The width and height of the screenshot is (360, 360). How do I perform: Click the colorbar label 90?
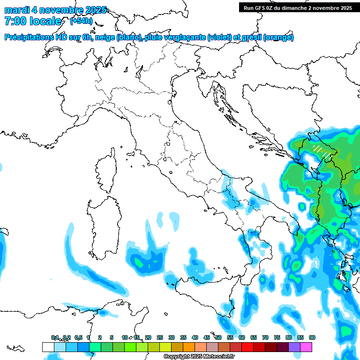coord(312,337)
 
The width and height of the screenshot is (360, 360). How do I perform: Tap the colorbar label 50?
coord(218,337)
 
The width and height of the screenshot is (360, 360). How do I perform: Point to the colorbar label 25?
coord(160,337)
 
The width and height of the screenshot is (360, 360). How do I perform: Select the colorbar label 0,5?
coord(78,337)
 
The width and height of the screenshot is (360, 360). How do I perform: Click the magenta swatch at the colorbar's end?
coord(306,347)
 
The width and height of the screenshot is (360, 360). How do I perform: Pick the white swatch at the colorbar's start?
coord(48,347)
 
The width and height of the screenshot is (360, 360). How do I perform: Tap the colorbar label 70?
coord(265,337)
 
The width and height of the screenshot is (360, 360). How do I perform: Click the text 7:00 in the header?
coord(15,21)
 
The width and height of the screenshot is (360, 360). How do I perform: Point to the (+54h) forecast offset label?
coord(81,21)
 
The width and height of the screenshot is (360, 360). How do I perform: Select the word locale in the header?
coord(45,21)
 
